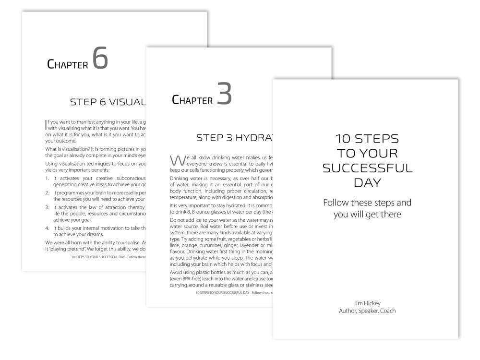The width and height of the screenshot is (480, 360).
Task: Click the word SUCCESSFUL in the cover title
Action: coord(366,168)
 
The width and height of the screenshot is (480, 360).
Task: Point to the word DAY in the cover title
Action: coord(366,183)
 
